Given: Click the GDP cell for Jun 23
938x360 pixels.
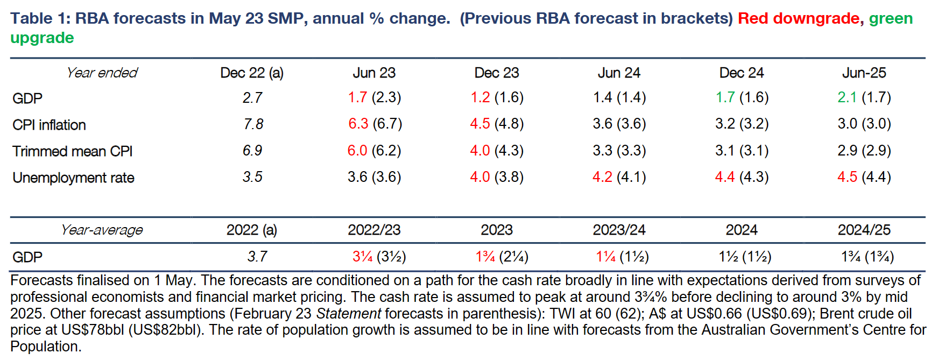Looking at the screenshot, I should coord(374,97).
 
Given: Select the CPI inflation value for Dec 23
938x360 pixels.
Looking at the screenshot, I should coord(496,124).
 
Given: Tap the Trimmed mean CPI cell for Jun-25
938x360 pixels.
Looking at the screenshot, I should coord(864,150).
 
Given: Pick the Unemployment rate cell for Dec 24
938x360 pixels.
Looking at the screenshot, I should coord(741,177).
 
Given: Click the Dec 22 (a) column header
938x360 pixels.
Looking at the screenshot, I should coord(251,73).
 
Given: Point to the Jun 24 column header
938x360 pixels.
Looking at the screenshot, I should coord(619,73).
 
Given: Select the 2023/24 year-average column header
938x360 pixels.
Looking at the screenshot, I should coord(619,230).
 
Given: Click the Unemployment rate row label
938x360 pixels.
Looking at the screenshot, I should coord(73,178).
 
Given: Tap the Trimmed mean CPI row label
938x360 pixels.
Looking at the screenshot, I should coord(72,151).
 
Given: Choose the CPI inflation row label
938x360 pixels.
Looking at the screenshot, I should coord(49,125).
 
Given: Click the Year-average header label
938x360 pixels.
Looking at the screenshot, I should coord(102,230).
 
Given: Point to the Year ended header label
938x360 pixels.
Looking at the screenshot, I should coord(102,73).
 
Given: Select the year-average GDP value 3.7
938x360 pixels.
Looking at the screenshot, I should coord(257,257).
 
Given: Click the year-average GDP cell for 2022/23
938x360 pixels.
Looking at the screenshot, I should coord(379,257).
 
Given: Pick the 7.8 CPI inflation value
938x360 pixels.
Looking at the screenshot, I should coord(253,124).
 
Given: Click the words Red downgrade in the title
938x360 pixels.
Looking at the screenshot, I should coord(798,18).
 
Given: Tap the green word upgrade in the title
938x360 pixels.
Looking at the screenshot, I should coord(42,38).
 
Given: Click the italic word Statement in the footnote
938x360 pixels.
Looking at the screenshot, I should coord(348,313).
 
